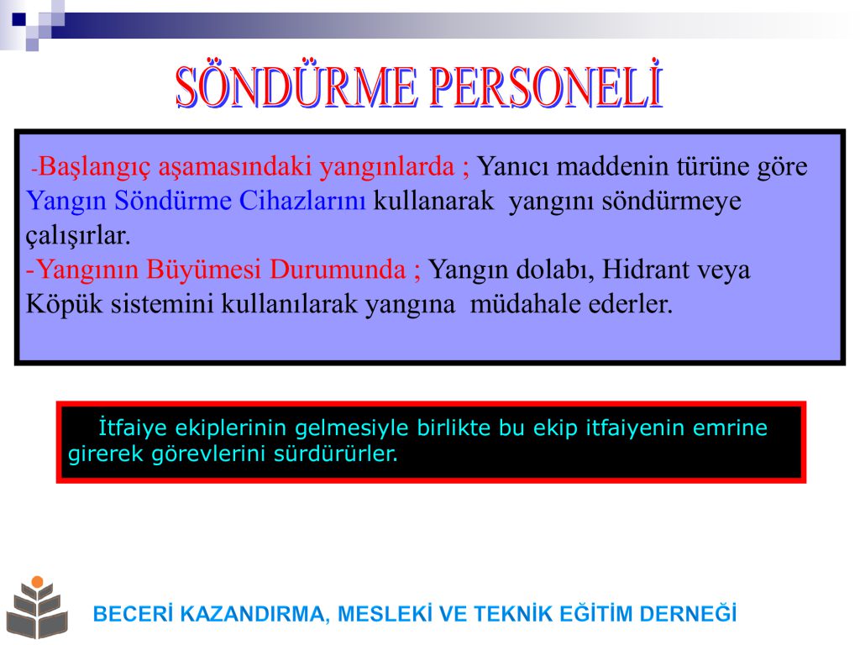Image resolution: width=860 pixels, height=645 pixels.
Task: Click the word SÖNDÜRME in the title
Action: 296,87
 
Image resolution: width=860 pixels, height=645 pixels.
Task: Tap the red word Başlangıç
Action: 94,167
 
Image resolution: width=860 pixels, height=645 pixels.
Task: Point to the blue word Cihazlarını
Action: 302,200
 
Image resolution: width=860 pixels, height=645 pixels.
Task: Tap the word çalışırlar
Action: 78,236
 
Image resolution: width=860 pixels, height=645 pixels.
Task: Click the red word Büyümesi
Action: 203,270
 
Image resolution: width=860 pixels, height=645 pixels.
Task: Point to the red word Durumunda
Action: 338,270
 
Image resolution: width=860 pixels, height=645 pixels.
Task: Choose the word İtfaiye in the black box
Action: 132,427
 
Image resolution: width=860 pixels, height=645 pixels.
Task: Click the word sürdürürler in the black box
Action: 335,454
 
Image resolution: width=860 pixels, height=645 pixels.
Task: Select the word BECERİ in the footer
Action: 133,614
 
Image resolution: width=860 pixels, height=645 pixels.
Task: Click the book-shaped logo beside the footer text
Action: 37,608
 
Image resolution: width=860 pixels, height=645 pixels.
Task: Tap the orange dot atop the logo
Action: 37,581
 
